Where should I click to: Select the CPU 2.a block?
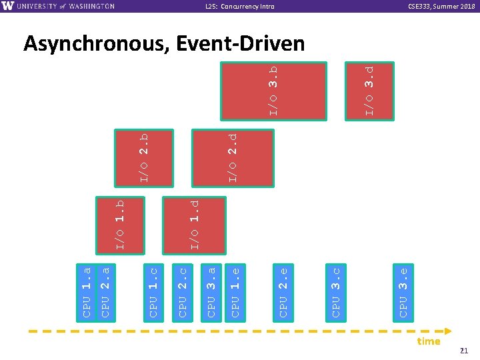(x=105, y=291)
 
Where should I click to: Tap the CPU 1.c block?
(x=153, y=291)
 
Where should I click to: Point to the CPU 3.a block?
(x=211, y=291)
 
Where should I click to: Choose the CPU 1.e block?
(x=235, y=291)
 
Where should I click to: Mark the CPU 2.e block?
(x=283, y=291)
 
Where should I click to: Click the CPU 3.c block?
(x=336, y=291)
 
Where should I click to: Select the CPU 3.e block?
(x=403, y=291)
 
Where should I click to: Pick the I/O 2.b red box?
(x=144, y=157)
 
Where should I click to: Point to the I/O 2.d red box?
(x=233, y=157)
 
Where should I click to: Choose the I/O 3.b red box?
(x=274, y=91)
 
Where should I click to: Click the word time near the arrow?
(x=428, y=341)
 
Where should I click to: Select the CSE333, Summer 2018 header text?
(x=437, y=6)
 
